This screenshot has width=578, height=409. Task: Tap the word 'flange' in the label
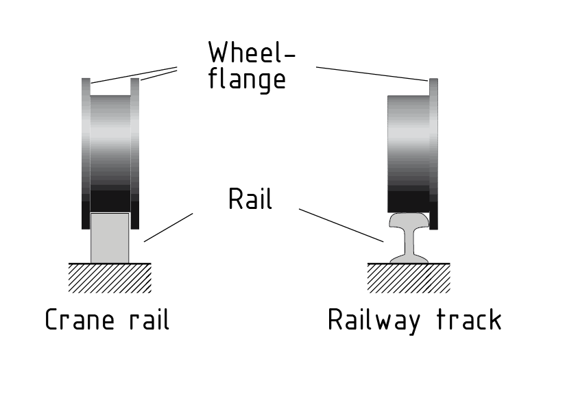pos(247,79)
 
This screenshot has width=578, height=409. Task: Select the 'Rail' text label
pos(250,199)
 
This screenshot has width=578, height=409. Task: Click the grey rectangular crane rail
pos(110,237)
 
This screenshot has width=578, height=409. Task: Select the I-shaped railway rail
pos(409,240)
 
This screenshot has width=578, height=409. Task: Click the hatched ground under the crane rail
pos(110,277)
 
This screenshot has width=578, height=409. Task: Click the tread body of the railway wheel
pos(409,151)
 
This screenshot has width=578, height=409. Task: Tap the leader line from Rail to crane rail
pos(168,227)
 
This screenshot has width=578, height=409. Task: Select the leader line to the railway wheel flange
pos(372,74)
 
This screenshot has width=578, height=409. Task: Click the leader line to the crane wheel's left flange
pos(134,75)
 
